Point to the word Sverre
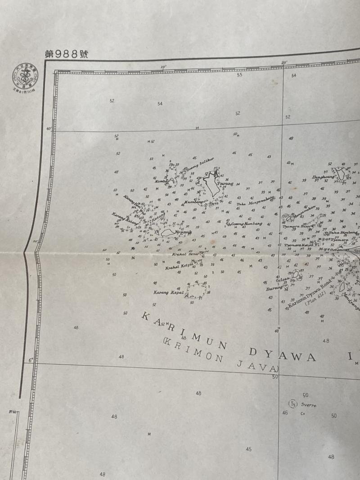tap(309, 405)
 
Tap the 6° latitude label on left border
tap(31, 360)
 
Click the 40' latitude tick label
tap(49, 129)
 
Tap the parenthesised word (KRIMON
tap(189, 348)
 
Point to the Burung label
tap(274, 288)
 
